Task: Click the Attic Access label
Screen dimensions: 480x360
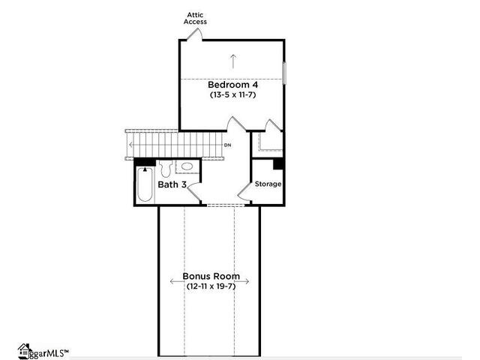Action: tap(195, 18)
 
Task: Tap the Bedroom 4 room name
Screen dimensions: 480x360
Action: tap(233, 85)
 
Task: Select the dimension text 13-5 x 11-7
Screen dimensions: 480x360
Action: tap(232, 94)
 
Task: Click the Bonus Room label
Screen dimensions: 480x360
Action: tap(211, 276)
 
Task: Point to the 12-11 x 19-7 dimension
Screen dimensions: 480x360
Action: tap(211, 286)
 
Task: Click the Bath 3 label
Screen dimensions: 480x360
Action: tap(172, 184)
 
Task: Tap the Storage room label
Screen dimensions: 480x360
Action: tap(268, 184)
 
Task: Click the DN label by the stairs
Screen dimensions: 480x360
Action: tap(228, 145)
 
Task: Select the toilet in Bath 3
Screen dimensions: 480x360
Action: tap(166, 169)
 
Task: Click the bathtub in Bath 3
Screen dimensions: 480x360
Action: tap(145, 184)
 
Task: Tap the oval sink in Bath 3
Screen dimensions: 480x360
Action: tap(187, 166)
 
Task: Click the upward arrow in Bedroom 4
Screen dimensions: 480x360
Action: tap(233, 61)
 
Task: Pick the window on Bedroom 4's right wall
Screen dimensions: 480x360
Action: tap(284, 73)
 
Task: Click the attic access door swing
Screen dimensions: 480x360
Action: tap(195, 33)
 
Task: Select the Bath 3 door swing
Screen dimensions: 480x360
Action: tap(193, 192)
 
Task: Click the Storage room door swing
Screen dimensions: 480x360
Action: tap(244, 192)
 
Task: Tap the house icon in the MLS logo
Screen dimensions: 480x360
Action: tap(25, 351)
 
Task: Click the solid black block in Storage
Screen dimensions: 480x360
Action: tap(278, 163)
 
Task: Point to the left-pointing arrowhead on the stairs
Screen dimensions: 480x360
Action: tap(130, 145)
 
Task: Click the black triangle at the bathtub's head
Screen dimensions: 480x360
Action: tap(145, 169)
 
